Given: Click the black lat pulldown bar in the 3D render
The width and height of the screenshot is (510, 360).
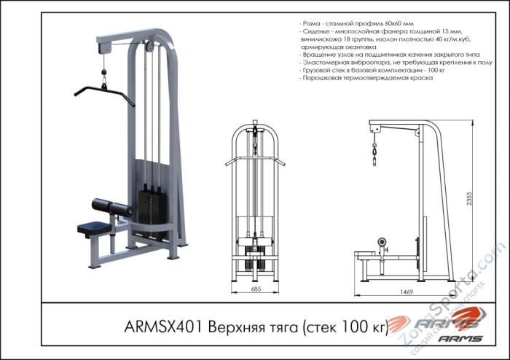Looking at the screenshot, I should (x=102, y=93).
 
